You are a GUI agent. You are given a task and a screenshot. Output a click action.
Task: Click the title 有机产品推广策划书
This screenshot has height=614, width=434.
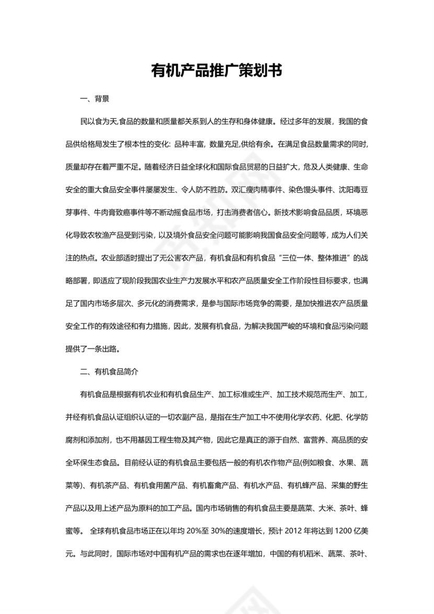[216, 71]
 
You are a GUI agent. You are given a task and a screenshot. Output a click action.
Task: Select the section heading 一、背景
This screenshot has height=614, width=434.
[94, 99]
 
